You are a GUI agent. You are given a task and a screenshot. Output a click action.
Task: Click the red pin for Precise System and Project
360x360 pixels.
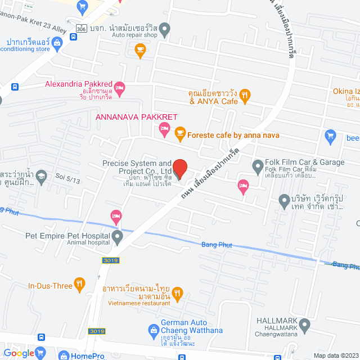pyautogui.click(x=179, y=168)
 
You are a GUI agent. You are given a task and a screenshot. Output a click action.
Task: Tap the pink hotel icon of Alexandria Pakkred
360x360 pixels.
pyautogui.click(x=119, y=87)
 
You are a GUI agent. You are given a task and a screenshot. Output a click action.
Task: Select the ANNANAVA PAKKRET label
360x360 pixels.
pyautogui.click(x=137, y=117)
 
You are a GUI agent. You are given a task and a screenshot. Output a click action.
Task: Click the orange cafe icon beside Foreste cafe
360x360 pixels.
pyautogui.click(x=179, y=133)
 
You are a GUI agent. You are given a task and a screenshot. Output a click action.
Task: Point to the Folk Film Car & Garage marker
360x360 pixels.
pyautogui.click(x=258, y=165)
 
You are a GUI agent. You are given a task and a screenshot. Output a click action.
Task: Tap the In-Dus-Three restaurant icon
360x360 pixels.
pyautogui.click(x=80, y=285)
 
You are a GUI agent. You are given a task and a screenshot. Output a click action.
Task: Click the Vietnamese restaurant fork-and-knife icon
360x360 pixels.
pyautogui.click(x=178, y=292)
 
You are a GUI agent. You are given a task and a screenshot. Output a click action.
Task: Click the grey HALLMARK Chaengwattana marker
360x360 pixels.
pyautogui.click(x=305, y=324)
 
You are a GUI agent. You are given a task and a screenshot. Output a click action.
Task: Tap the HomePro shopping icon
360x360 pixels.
pyautogui.click(x=62, y=355)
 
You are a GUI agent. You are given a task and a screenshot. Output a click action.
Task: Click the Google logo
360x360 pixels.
pyautogui.click(x=19, y=353)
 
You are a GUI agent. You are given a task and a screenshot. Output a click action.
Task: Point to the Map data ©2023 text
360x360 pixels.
pyautogui.click(x=336, y=355)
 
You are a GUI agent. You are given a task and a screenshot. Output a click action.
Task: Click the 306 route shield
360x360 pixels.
pyautogui.click(x=82, y=28)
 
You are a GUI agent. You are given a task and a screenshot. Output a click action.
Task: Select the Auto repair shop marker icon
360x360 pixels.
pyautogui.click(x=165, y=28)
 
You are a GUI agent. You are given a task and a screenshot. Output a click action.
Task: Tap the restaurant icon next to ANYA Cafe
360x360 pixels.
pyautogui.click(x=244, y=97)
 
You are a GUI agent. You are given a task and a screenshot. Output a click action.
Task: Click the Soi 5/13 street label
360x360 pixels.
pyautogui.click(x=67, y=175)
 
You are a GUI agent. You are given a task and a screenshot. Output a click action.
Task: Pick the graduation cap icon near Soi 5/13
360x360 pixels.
pyautogui.click(x=40, y=178)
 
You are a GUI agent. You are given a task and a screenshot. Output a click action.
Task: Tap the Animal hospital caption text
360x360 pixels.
pyautogui.click(x=87, y=244)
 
